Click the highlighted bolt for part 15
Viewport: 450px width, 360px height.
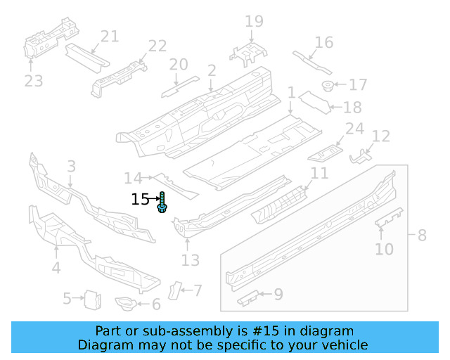[162, 203]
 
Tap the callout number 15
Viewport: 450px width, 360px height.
[141, 200]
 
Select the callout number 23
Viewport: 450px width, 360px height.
[33, 82]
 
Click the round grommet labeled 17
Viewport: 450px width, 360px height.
[327, 86]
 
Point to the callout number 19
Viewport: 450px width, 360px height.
[254, 22]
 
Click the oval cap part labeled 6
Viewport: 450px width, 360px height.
[125, 304]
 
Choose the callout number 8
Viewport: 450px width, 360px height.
[422, 235]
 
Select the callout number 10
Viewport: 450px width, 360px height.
[384, 249]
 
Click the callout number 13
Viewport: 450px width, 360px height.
[191, 261]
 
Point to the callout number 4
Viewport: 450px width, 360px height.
[56, 267]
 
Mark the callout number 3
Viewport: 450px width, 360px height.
[71, 166]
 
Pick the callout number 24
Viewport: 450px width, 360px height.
[355, 129]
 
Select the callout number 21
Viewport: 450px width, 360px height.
[110, 37]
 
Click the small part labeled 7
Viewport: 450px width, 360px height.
[174, 289]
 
